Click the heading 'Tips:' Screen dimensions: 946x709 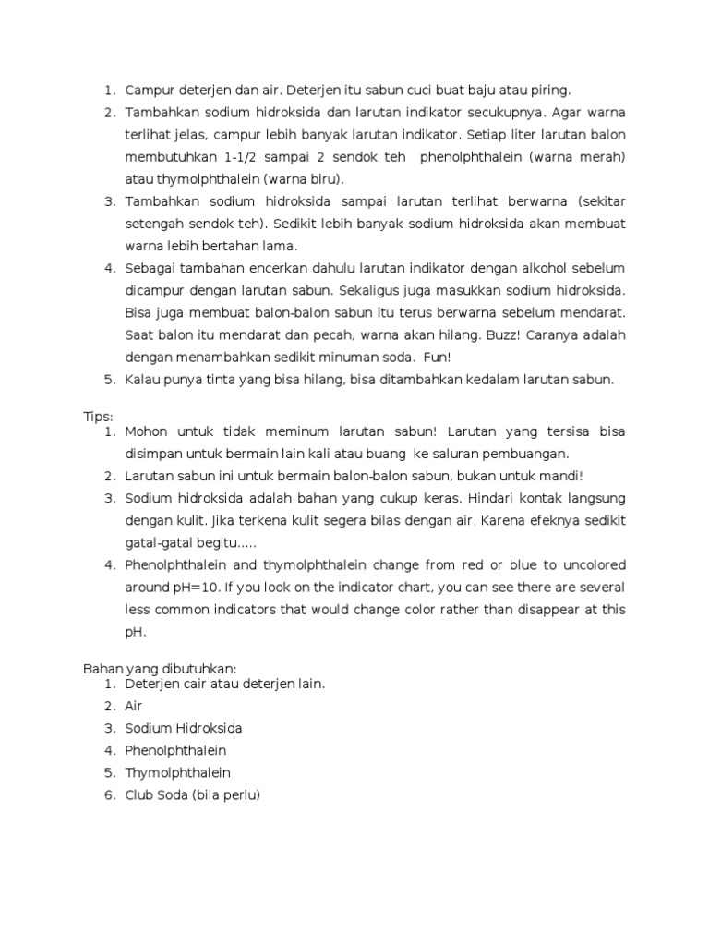pyautogui.click(x=98, y=417)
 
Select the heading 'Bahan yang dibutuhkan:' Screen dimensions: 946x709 pyautogui.click(x=159, y=669)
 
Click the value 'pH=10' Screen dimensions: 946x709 pyautogui.click(x=196, y=588)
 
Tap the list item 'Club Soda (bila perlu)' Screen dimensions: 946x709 pyautogui.click(x=193, y=794)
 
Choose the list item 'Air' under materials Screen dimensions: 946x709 pyautogui.click(x=134, y=706)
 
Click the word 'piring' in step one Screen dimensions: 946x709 pyautogui.click(x=550, y=91)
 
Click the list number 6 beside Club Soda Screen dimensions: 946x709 pyautogui.click(x=108, y=794)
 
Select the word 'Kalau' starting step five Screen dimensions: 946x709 pyautogui.click(x=144, y=379)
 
